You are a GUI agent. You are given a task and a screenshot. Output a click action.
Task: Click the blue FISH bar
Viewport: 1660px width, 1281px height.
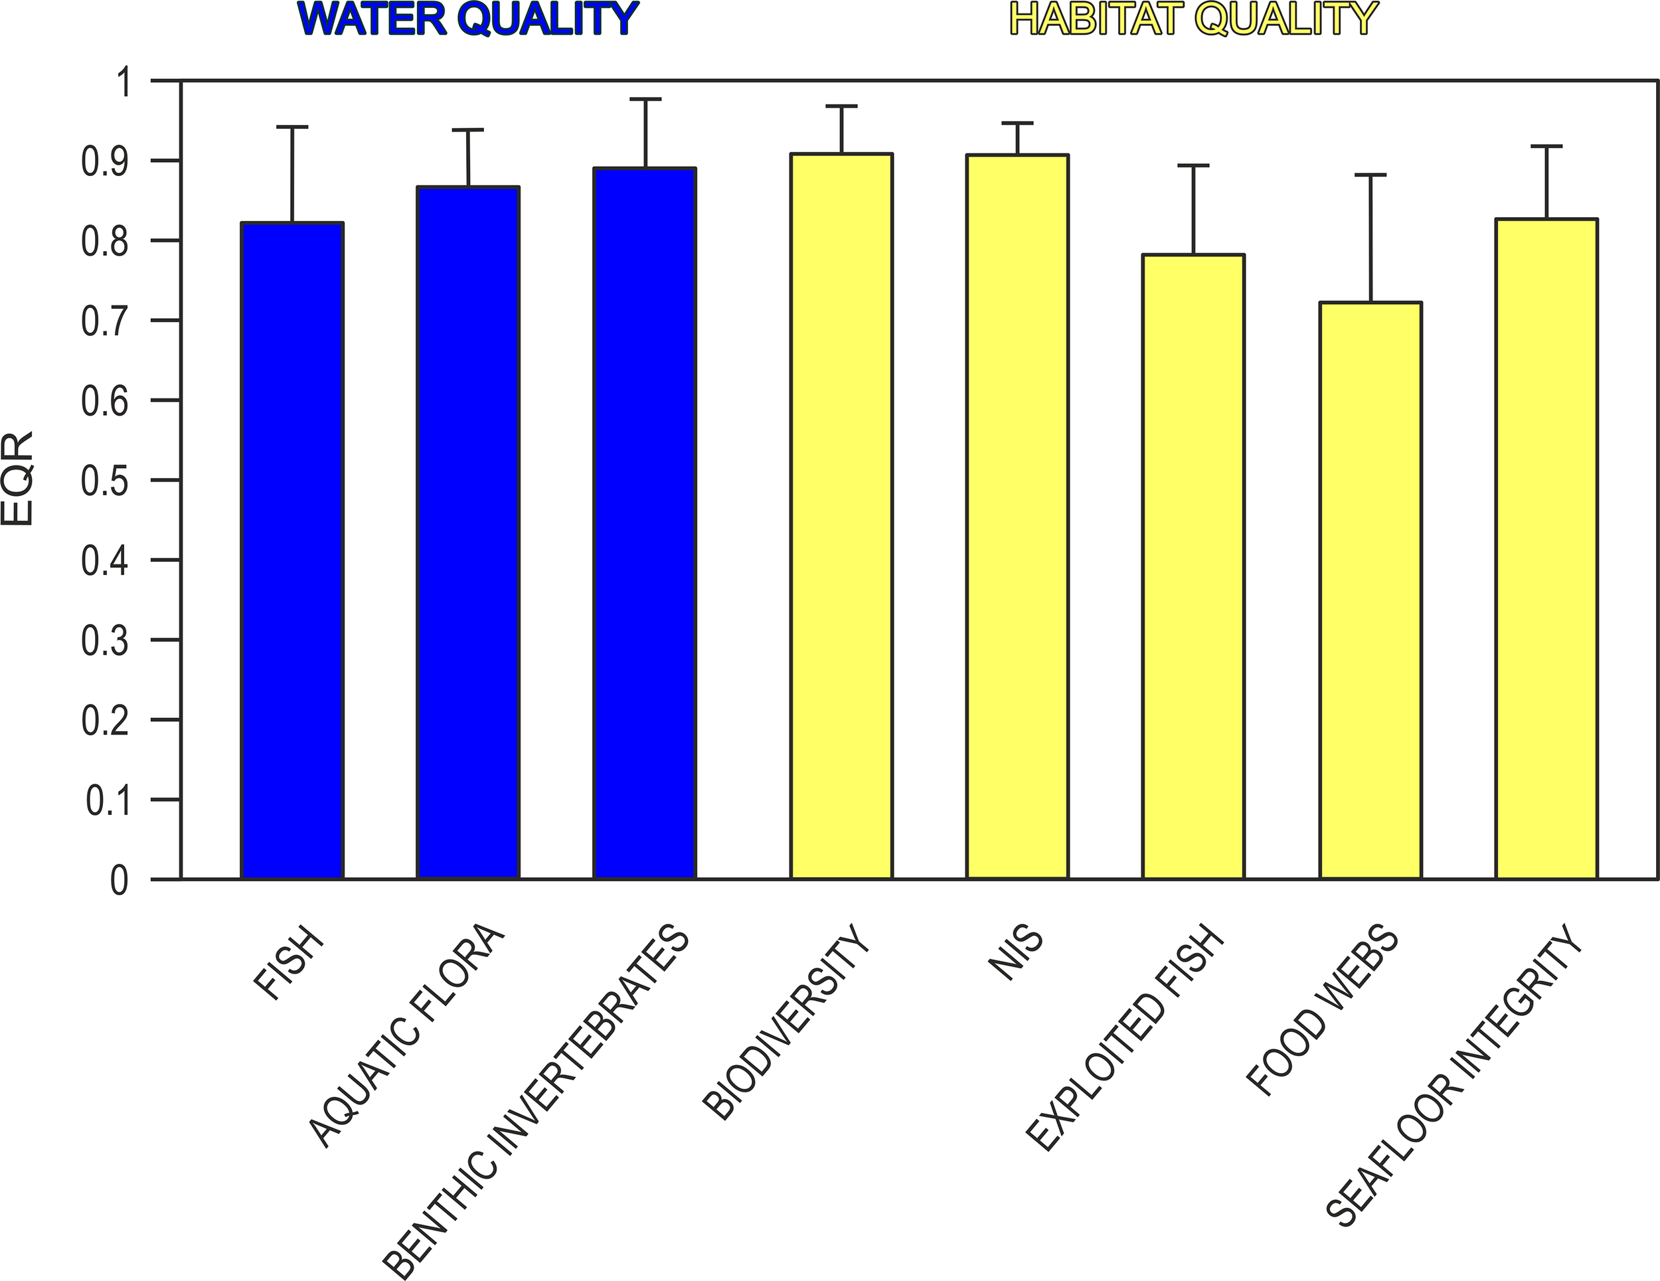(x=292, y=551)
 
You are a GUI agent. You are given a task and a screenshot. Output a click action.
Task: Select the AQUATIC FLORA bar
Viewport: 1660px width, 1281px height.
(x=467, y=532)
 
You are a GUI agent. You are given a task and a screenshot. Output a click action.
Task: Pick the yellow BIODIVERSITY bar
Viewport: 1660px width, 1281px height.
(x=841, y=516)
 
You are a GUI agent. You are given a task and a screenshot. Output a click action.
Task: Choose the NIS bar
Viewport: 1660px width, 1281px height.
(x=1017, y=516)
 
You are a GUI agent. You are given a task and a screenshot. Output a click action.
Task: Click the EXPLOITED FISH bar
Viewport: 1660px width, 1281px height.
(x=1193, y=566)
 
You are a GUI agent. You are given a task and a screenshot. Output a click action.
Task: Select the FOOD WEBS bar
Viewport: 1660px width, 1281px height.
(x=1370, y=590)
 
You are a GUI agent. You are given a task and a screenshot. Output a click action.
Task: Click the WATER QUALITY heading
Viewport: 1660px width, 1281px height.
(x=468, y=20)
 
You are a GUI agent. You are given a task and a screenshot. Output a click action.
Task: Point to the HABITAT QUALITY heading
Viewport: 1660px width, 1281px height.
(x=1193, y=20)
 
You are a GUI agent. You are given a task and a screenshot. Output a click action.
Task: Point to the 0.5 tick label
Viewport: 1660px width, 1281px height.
(x=105, y=481)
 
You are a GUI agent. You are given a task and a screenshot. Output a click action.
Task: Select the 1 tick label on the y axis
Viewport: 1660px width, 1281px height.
(x=122, y=82)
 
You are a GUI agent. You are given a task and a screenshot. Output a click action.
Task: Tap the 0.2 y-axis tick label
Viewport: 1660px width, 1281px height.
(x=105, y=721)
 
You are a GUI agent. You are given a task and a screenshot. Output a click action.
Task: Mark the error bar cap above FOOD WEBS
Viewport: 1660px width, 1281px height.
(x=1370, y=175)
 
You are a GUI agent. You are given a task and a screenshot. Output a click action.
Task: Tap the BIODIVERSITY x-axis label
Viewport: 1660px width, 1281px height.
(x=786, y=1022)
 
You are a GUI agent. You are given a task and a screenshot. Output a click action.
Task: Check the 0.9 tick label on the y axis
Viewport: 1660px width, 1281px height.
(x=105, y=162)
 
